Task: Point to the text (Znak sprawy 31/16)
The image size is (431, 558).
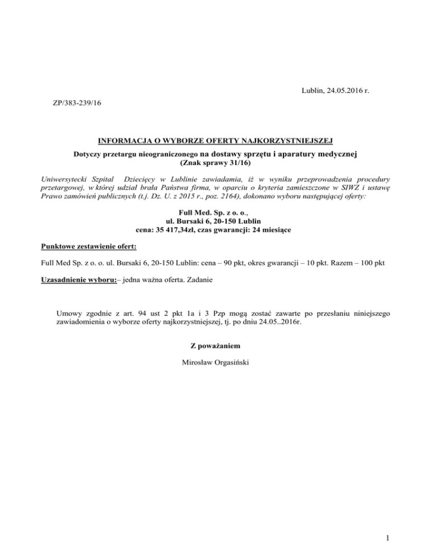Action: coord(215,163)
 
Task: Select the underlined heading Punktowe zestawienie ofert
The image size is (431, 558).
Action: coord(89,246)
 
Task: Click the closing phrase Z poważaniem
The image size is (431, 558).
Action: coord(215,345)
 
